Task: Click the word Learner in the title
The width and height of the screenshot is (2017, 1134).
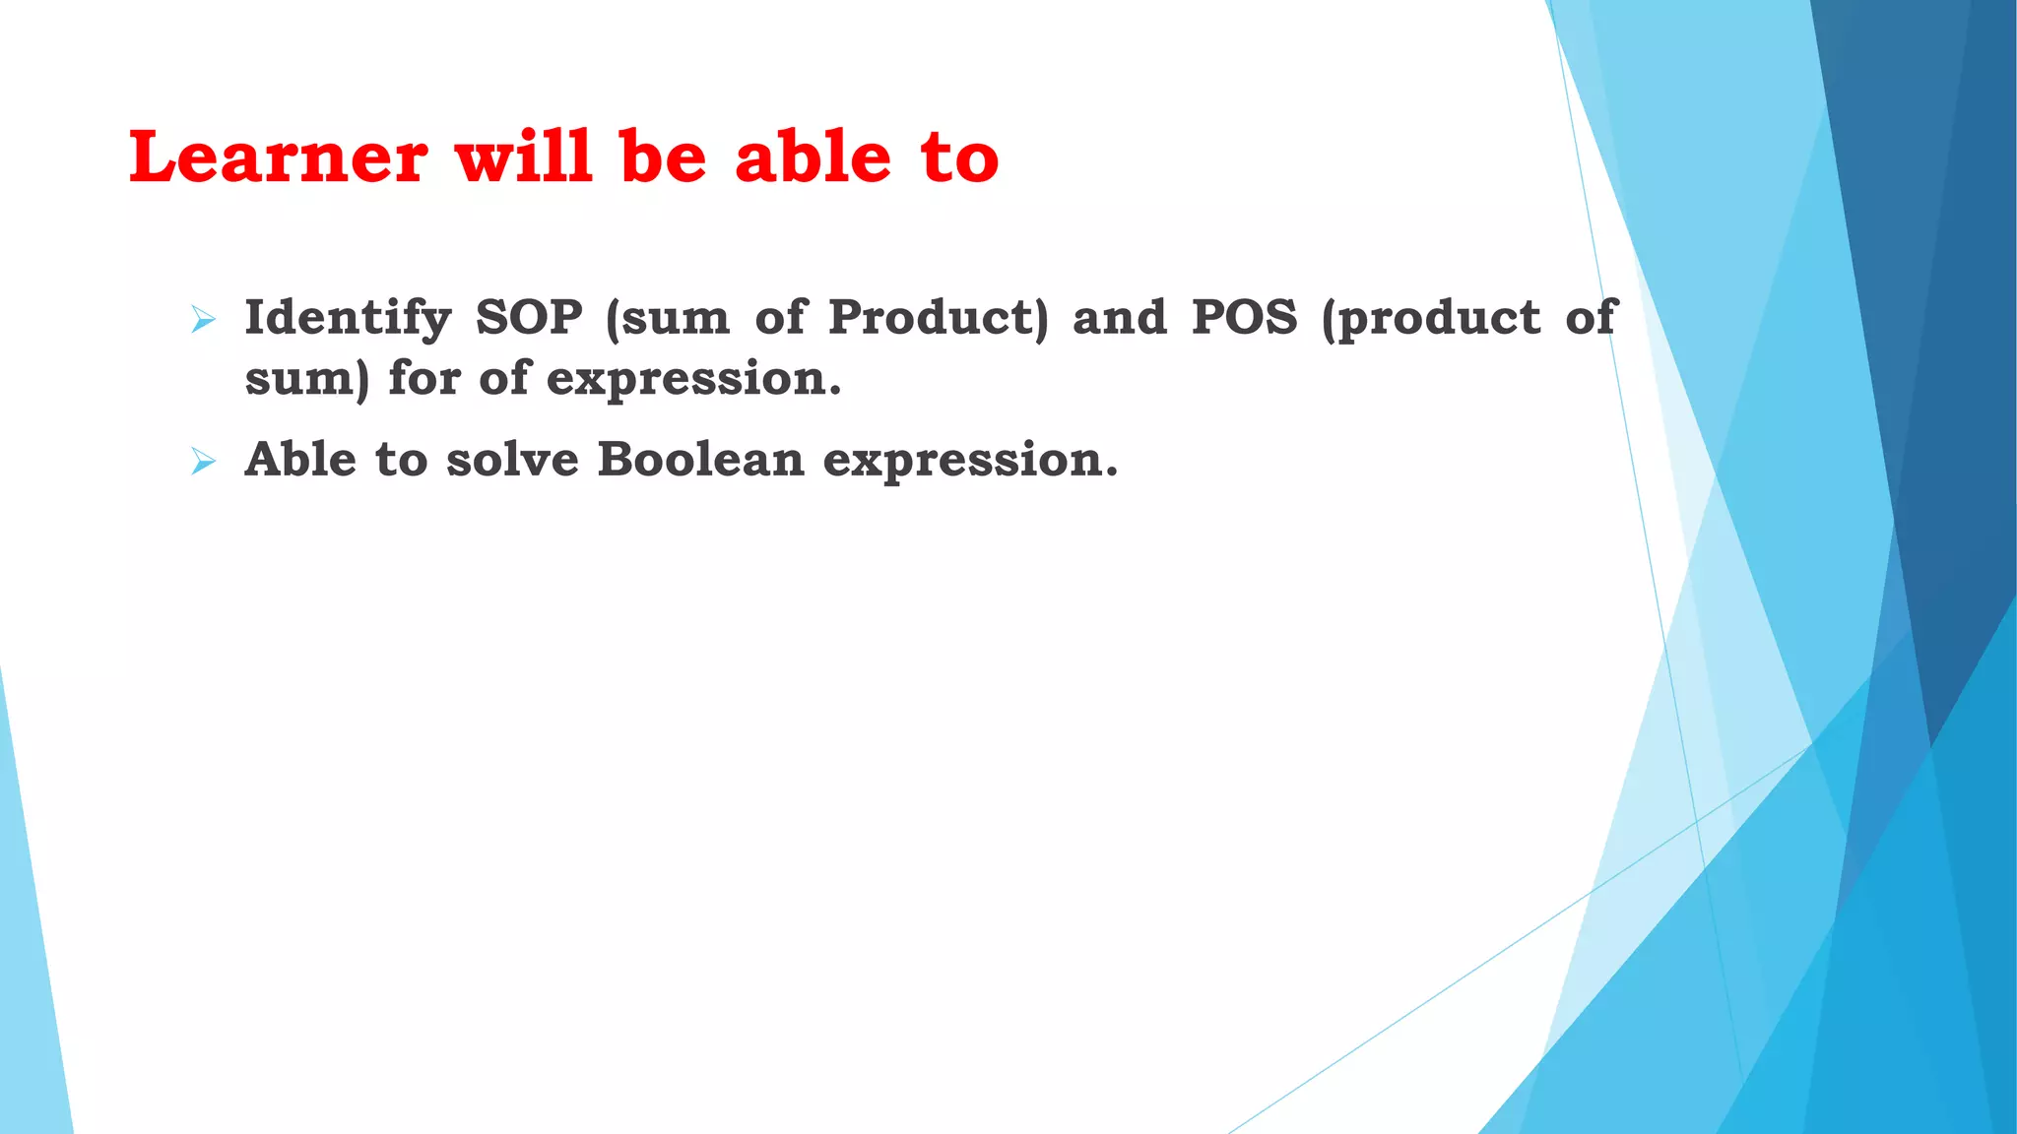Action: pos(279,157)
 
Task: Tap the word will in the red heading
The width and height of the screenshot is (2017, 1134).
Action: pos(524,157)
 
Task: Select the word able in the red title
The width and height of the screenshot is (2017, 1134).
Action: pos(813,157)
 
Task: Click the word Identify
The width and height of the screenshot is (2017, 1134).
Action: pos(348,319)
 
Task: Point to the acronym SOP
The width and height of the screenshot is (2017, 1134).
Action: pos(529,317)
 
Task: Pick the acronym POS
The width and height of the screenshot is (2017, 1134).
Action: pos(1245,317)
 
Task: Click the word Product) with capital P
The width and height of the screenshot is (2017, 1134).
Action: pos(939,319)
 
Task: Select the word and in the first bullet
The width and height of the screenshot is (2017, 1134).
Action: pos(1120,317)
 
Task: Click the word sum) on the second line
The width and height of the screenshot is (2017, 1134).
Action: pos(306,380)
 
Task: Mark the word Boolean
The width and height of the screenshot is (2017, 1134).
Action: pos(700,460)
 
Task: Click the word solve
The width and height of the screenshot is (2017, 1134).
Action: pos(512,460)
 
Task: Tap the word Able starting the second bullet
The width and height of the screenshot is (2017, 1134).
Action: pos(300,460)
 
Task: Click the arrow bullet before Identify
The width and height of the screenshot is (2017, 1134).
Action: pos(203,319)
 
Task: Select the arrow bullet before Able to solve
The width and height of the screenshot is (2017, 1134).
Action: pos(203,461)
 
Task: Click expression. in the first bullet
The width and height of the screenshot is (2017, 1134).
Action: pos(694,380)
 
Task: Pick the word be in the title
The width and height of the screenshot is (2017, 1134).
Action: pos(664,157)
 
